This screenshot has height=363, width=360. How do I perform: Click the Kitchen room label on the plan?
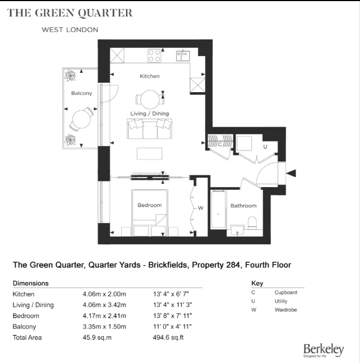point(149,75)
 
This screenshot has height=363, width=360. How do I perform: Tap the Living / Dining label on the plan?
point(149,114)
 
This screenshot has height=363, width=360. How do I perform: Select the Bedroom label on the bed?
point(149,205)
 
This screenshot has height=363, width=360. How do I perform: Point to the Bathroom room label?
point(243,206)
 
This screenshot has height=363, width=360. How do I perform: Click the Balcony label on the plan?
point(82,93)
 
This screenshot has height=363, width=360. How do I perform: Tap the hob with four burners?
point(154,56)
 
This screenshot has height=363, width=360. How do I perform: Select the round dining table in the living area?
point(149,99)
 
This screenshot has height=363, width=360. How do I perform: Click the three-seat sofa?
point(149,130)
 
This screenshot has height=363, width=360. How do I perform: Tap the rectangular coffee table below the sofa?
point(150,153)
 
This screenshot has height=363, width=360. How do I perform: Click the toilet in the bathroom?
point(252,223)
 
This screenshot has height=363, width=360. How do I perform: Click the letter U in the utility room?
point(265,147)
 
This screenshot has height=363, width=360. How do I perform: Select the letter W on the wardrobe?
point(201,208)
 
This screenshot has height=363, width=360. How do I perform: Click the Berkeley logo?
point(323,350)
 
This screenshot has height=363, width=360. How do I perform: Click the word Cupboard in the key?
point(286,293)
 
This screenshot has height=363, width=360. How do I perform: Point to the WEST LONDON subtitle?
point(70,29)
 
